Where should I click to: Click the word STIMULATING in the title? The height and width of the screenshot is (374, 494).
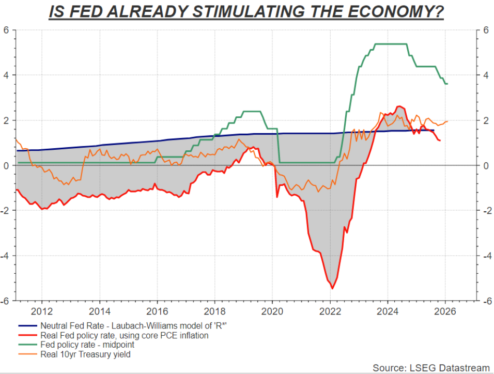[233, 11]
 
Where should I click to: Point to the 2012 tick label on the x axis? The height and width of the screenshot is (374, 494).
[42, 311]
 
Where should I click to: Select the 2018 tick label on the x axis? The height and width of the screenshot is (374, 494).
[215, 311]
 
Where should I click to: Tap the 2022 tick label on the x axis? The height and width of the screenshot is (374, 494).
[330, 311]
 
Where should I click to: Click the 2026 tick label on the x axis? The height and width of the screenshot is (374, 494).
[445, 311]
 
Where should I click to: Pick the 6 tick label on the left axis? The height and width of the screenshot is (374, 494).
[7, 30]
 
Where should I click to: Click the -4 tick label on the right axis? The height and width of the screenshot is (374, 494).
[487, 256]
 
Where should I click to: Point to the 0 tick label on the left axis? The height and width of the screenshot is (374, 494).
[7, 165]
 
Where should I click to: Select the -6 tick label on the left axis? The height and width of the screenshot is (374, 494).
[5, 301]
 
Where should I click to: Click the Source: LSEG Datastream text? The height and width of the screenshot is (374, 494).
[430, 367]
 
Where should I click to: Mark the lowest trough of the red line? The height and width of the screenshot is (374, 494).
[332, 288]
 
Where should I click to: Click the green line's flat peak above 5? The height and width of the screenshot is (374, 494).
[390, 44]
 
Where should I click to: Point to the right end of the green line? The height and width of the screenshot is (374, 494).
[447, 84]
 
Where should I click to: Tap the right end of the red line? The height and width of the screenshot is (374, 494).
[440, 141]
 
